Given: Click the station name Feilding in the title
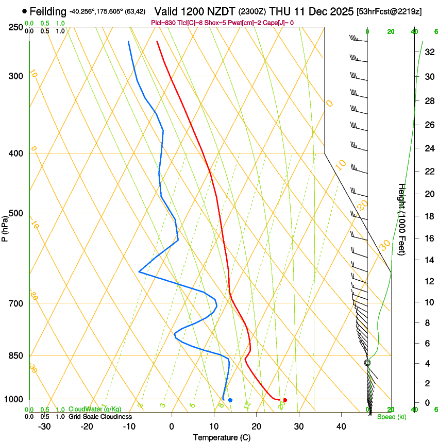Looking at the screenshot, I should [x=48, y=11].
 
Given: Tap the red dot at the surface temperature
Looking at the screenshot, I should [x=285, y=400].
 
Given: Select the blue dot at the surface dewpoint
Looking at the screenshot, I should [x=230, y=400].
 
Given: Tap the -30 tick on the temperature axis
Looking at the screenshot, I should [x=44, y=427].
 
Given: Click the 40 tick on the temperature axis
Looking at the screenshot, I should [x=341, y=427].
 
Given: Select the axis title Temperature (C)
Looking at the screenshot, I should [x=222, y=437].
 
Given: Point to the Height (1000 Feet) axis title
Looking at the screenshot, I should [x=402, y=219].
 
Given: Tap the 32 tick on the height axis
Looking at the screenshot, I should [x=429, y=52].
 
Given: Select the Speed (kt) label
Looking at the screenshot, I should [x=391, y=417].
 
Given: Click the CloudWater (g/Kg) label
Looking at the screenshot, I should [x=95, y=409].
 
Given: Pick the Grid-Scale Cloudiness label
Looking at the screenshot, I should [x=100, y=417].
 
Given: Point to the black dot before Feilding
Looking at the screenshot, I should [x=24, y=11].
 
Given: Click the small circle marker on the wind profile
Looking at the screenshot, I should [x=367, y=363].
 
